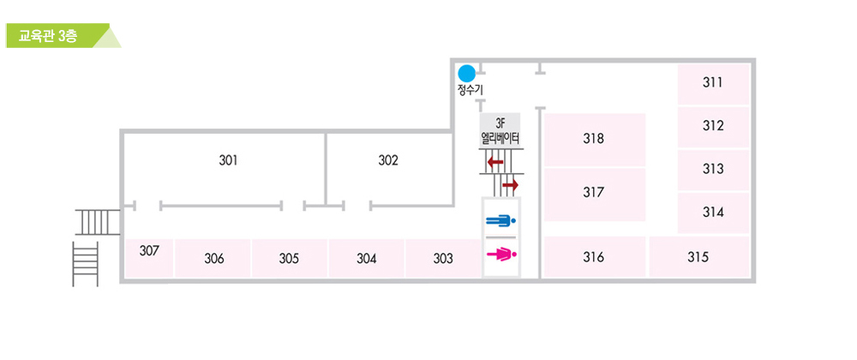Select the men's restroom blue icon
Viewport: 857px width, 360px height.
tap(501, 221)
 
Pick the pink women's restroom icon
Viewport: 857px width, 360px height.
tap(501, 254)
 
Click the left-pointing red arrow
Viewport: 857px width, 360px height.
tap(494, 162)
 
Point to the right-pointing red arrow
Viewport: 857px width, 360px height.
tap(511, 185)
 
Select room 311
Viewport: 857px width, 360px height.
tap(713, 83)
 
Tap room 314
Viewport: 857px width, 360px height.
tap(713, 213)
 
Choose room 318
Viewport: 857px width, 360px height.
tap(593, 139)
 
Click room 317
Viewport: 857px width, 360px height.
tap(593, 193)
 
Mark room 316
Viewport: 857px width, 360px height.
tap(593, 257)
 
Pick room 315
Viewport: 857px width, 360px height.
tap(698, 257)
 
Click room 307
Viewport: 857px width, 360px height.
tap(149, 252)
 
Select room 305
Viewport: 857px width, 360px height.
tap(289, 259)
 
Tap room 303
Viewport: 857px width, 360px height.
tap(443, 259)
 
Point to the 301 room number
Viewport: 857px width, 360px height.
tap(228, 160)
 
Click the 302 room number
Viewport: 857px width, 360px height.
tap(388, 160)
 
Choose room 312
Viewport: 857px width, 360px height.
tap(713, 126)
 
